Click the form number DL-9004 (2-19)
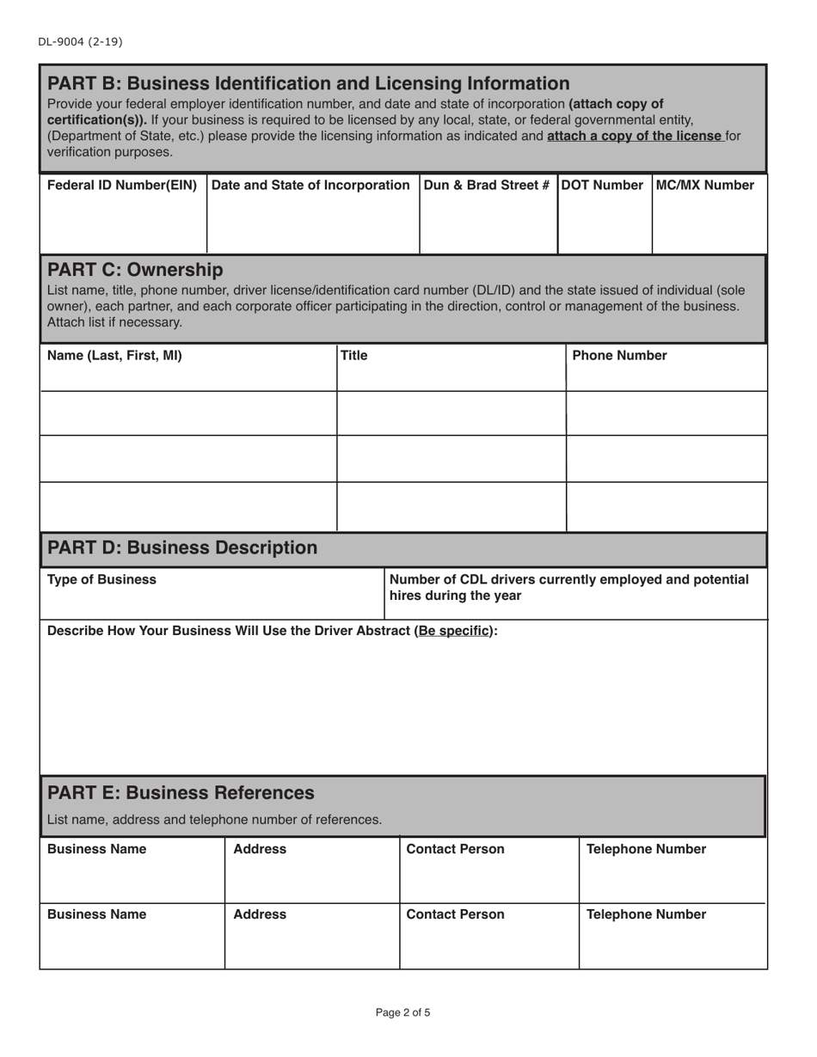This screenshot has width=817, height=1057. coord(74,41)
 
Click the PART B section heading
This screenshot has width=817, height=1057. coord(308,83)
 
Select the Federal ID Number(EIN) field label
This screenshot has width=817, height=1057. coord(122,186)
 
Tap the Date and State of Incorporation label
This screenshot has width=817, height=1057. coord(310,186)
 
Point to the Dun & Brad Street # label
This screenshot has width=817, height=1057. coord(487,186)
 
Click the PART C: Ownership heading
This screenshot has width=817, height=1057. coord(135,270)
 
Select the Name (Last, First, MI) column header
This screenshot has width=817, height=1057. coord(114,356)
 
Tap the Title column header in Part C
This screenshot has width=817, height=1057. coord(354,356)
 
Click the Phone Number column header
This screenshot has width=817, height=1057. coord(619,356)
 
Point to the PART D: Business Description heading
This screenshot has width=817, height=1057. coord(182,548)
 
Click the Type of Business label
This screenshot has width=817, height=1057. coord(101,580)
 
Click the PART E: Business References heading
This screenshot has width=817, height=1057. coord(181,792)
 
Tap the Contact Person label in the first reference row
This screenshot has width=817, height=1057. coord(455,850)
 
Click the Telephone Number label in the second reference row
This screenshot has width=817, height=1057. coord(646,915)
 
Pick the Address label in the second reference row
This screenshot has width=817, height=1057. coord(260,915)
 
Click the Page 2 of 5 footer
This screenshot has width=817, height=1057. coord(403,1013)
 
